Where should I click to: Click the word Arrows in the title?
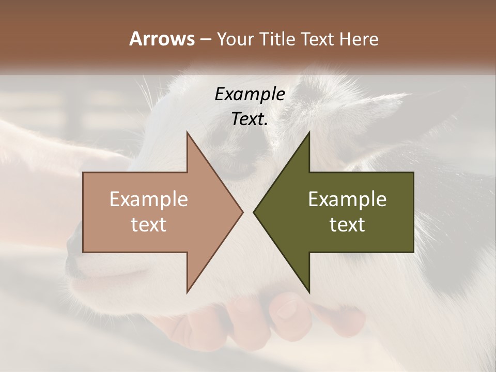(162, 39)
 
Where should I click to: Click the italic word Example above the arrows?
(250, 94)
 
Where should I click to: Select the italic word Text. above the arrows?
(250, 119)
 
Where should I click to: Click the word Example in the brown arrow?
(149, 199)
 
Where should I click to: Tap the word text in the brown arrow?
(149, 225)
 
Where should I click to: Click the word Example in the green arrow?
(347, 199)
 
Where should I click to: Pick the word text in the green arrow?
(347, 225)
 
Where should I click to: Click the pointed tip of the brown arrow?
(242, 212)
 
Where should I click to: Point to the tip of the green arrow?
(255, 212)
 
